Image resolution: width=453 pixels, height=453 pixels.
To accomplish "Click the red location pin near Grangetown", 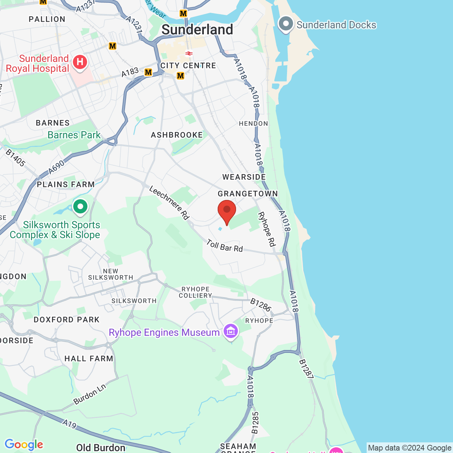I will tap(226, 211).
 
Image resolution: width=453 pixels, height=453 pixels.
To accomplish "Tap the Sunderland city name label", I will tap(197, 30).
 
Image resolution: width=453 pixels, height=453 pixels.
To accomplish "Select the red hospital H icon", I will tap(80, 62).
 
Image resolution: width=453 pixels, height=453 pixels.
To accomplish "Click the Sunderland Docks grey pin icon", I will tap(286, 24).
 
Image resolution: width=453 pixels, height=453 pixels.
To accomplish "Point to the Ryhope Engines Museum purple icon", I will tap(231, 332).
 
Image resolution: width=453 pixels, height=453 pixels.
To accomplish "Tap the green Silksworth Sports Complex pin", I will tap(80, 206).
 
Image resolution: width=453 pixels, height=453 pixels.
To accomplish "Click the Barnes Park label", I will tap(74, 135).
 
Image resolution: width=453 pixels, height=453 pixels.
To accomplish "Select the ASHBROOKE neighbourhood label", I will tap(177, 135).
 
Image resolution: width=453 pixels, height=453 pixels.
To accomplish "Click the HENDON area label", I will tap(253, 124).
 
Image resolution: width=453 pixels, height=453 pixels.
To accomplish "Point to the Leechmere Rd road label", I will tap(169, 203).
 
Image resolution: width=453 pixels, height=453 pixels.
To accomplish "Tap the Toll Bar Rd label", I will tap(225, 246).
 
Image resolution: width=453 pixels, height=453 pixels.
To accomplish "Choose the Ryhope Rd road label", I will tap(266, 229).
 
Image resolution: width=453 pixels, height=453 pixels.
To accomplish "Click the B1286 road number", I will tap(261, 305).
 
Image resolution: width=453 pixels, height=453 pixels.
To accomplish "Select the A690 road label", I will tap(57, 167).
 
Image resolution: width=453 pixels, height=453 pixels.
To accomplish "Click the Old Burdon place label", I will tap(101, 448).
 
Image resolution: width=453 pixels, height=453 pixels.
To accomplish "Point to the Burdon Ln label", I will tap(90, 394).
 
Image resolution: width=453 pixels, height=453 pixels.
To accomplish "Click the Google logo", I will tap(24, 445).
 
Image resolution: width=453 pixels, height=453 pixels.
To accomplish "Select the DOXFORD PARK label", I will tap(67, 320).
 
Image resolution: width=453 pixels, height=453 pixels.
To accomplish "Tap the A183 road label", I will tap(130, 72).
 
